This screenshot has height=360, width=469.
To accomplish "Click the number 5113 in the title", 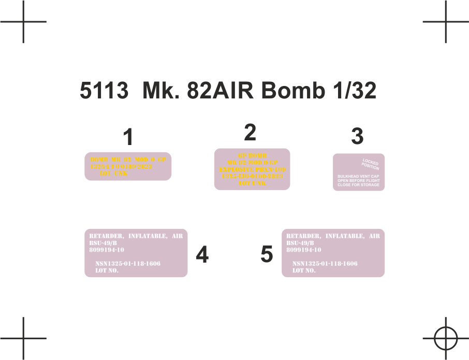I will coord(104,91).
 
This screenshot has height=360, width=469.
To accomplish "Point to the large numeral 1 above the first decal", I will coord(128,138).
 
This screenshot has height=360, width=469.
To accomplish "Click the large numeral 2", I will coord(250,133).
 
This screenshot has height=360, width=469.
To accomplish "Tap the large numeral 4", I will coord(202,254).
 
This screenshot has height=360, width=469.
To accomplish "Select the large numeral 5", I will coord(267,254).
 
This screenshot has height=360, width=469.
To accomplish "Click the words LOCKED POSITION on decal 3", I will coord(371,164).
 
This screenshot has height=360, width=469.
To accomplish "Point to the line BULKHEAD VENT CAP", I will coord(358,177).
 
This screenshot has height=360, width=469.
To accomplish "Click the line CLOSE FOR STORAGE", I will coord(358,185).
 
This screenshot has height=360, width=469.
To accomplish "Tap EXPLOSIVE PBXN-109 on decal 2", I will coord(252,169).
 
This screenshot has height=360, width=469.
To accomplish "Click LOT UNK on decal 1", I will coord(113,174).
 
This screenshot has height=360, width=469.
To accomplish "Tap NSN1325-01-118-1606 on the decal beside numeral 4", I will coord(128,264).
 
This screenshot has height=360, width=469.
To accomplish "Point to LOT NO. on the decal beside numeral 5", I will coord(304,270).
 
